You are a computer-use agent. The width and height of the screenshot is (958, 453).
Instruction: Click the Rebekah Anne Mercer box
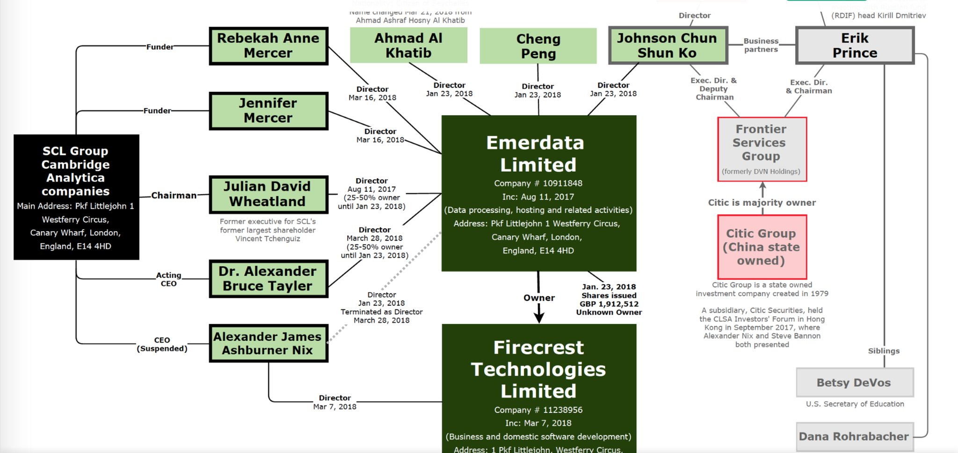(268, 45)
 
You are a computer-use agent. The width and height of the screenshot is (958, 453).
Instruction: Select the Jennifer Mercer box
(268, 110)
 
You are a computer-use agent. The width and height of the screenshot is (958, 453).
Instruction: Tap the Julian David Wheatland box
(268, 194)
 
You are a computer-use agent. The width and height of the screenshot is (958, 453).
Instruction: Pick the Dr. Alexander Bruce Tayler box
(268, 278)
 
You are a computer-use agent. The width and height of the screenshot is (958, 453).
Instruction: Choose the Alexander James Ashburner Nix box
(268, 343)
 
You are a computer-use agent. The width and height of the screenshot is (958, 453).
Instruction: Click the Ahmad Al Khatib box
(408, 45)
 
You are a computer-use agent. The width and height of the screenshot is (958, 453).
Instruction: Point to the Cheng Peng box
(538, 46)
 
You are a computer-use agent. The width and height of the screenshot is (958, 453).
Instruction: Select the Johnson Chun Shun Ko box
(668, 45)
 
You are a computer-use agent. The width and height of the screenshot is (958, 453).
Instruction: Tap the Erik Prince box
(855, 45)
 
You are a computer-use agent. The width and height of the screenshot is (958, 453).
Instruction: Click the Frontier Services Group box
(762, 149)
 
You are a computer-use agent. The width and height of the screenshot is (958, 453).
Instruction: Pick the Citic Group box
(762, 247)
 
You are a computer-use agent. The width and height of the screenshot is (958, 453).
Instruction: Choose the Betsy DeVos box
(854, 382)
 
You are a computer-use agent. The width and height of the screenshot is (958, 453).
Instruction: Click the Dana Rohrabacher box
(854, 436)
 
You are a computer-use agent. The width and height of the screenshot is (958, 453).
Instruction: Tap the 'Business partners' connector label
(761, 45)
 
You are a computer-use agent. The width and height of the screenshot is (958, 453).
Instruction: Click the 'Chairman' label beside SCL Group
(174, 195)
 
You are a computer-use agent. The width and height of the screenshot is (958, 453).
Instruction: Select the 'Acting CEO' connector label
(168, 279)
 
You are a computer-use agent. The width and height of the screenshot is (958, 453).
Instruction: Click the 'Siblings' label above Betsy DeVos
(884, 351)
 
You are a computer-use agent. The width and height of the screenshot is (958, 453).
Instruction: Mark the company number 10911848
(562, 183)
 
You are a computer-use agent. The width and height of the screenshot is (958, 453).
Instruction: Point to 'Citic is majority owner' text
(762, 202)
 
